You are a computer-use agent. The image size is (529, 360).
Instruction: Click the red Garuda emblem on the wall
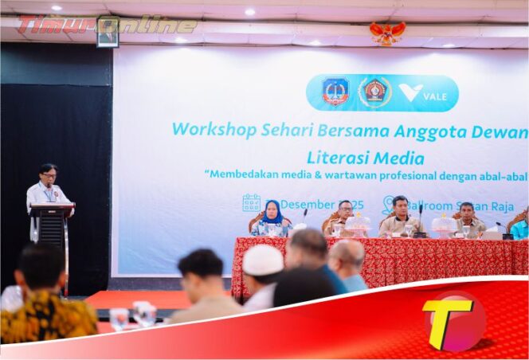tap(387, 33)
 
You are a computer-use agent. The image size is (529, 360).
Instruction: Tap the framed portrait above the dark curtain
tap(108, 32)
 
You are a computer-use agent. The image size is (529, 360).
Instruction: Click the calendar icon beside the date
tap(251, 203)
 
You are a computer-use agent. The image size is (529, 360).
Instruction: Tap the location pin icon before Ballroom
tap(389, 205)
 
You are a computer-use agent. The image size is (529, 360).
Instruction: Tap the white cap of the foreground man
tap(263, 260)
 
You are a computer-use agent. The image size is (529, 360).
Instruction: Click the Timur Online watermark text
tap(108, 24)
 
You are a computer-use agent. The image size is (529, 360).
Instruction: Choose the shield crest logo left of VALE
tap(335, 92)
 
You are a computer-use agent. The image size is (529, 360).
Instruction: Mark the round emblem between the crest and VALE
tap(374, 92)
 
